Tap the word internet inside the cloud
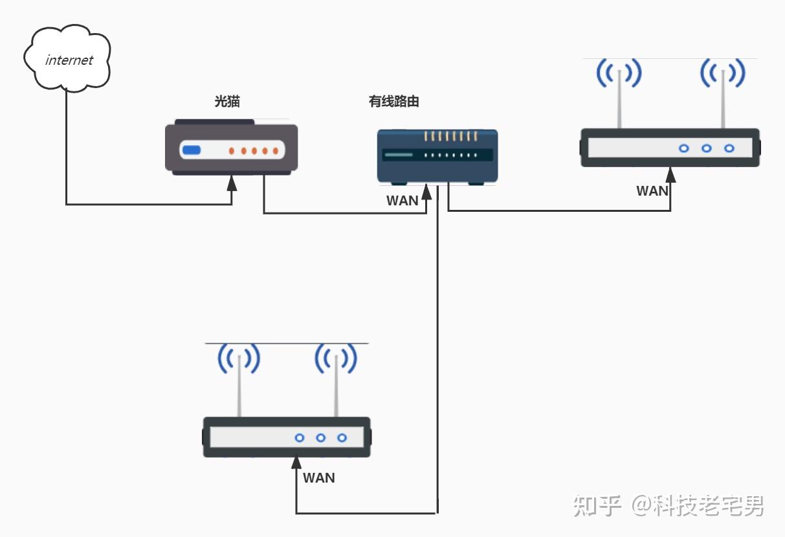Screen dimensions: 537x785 point(69,60)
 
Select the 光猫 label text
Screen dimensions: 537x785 point(227,102)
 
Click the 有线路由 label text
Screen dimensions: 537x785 point(394,102)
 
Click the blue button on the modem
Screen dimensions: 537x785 point(191,151)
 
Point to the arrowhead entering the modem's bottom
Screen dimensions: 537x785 point(232,183)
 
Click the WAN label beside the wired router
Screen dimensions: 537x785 point(402,201)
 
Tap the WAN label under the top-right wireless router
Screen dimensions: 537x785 point(652,191)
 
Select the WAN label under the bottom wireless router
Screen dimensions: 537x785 point(319,478)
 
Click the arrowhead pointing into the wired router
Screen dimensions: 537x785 point(426,191)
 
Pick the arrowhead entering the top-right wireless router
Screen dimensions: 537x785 point(670,175)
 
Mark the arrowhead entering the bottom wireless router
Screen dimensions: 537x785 point(296,463)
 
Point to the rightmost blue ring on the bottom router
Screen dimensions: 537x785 point(342,438)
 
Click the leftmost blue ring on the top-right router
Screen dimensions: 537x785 point(683,148)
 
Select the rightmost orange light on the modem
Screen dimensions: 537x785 point(275,151)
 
